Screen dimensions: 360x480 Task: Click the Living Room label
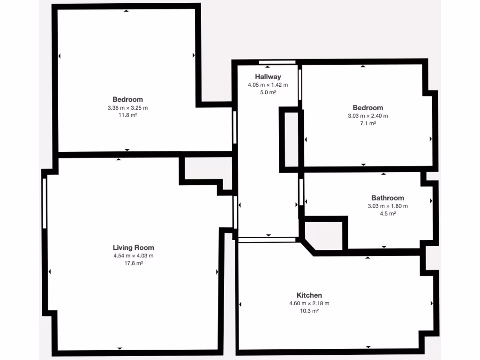pos(133,247)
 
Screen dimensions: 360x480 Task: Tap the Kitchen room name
pos(309,295)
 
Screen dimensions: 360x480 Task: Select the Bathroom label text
pos(387,198)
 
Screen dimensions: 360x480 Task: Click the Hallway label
pos(268,77)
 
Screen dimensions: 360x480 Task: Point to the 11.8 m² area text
pos(127,115)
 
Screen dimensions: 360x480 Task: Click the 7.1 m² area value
pos(367,123)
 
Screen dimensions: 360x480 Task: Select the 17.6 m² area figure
pos(133,263)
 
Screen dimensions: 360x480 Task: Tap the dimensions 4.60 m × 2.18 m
pos(309,303)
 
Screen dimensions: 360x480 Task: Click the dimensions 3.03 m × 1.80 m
pos(387,206)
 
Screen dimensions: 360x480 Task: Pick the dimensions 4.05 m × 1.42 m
pos(268,85)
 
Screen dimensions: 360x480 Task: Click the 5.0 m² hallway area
pos(268,93)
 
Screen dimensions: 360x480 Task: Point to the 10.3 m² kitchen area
pos(309,311)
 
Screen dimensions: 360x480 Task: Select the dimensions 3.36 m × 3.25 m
pos(127,107)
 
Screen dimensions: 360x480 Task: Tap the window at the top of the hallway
pos(277,62)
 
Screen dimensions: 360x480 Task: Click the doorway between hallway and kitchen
pos(267,240)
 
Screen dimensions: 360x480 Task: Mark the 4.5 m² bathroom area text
pos(387,214)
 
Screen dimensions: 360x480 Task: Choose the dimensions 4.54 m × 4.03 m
pos(133,255)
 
